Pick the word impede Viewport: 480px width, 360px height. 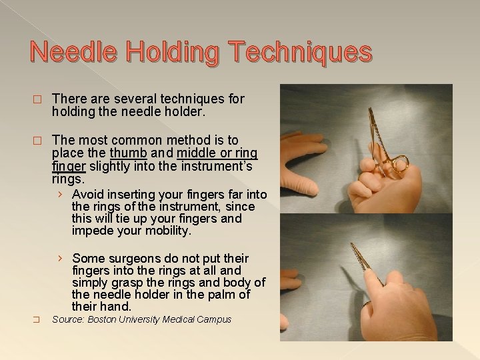(x=92, y=231)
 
